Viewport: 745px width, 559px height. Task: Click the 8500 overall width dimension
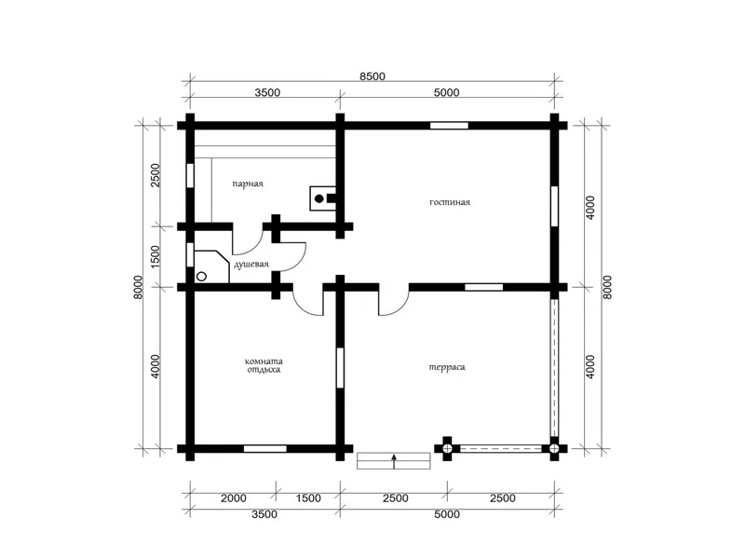click(372, 76)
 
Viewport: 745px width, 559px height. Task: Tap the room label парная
click(248, 184)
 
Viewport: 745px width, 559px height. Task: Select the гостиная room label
click(450, 202)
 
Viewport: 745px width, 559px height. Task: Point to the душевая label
click(251, 265)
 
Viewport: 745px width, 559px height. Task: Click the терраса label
click(447, 367)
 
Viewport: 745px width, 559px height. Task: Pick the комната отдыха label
click(264, 365)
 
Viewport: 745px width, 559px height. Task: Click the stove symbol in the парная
click(323, 198)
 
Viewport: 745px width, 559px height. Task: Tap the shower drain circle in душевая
click(201, 276)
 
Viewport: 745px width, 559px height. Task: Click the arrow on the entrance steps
click(394, 461)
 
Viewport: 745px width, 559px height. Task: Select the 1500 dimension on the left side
click(156, 257)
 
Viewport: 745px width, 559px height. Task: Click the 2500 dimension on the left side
click(156, 175)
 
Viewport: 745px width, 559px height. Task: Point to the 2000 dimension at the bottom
click(234, 498)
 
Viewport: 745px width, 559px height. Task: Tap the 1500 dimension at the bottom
click(308, 498)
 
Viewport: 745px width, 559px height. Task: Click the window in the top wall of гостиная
click(450, 126)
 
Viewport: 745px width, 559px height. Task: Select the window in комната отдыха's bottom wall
click(265, 448)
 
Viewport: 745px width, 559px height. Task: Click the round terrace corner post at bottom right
click(554, 448)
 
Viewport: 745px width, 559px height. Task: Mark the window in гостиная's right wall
click(554, 206)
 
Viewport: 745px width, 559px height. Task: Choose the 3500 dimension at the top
click(267, 92)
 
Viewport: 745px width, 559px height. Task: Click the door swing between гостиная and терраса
click(394, 301)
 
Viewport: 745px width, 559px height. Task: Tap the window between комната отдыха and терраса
click(340, 368)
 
